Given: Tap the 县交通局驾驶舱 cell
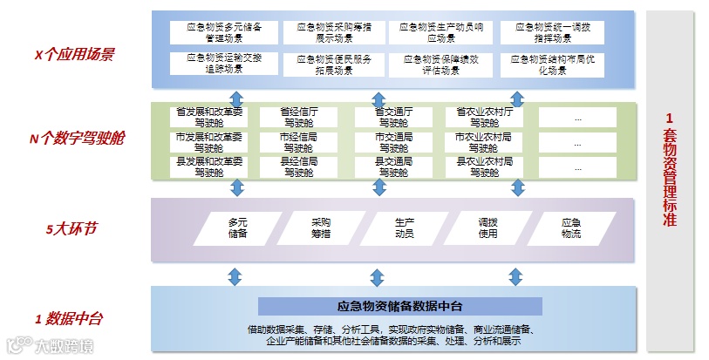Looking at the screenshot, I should pyautogui.click(x=394, y=166).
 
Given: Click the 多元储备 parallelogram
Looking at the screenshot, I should pyautogui.click(x=237, y=228).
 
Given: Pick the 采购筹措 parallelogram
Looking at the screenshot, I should pyautogui.click(x=320, y=228).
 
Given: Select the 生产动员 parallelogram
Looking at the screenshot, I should pyautogui.click(x=404, y=228).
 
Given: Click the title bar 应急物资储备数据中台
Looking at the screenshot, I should pyautogui.click(x=399, y=306).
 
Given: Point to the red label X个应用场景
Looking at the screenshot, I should pyautogui.click(x=73, y=54).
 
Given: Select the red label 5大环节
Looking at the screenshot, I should pyautogui.click(x=72, y=230).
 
